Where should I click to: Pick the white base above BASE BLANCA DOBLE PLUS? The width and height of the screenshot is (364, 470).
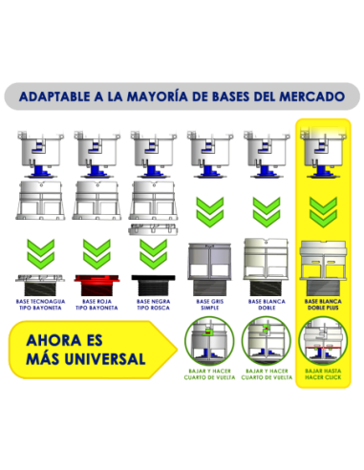coord(323,259)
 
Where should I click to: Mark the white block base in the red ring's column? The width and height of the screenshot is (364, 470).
coord(95,203)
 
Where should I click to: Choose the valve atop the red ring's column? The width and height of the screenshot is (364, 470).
coord(95,150)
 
